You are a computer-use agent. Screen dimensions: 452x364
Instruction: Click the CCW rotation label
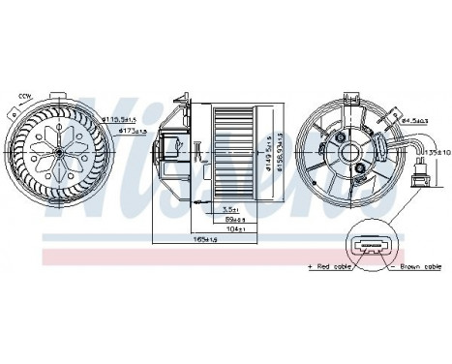click(22, 97)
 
